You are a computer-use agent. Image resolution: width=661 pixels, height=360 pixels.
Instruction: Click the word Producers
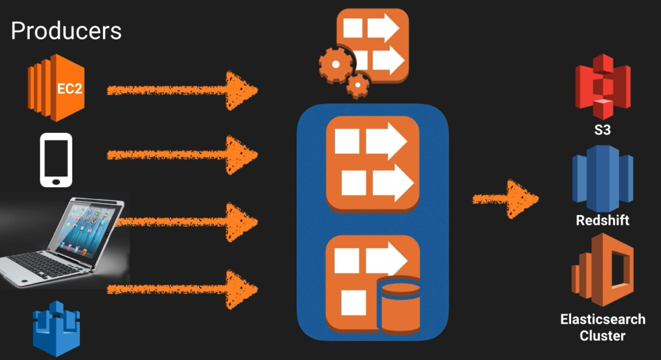coord(66,30)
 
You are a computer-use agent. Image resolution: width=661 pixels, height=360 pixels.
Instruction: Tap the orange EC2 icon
coord(56,88)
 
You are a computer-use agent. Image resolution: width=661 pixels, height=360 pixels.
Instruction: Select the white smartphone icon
coord(56,160)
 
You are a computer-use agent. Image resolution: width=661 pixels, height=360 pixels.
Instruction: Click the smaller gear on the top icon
coord(358,86)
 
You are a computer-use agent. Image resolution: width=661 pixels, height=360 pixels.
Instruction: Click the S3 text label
coord(602,130)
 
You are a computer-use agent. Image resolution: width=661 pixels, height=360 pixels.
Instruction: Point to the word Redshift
coord(603,221)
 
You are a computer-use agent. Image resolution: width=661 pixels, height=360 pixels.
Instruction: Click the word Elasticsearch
coord(603,319)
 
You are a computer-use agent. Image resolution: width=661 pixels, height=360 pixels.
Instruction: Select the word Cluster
coord(603,335)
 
